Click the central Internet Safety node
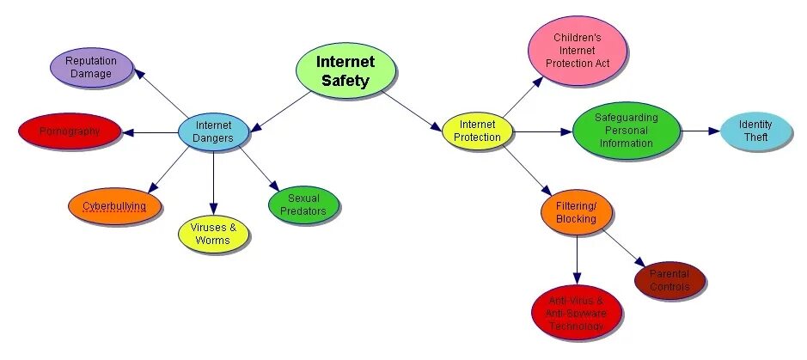coord(345,70)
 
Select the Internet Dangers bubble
coord(214,131)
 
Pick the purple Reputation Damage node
coord(91,67)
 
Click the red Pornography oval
coord(70,131)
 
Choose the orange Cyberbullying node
coord(114,206)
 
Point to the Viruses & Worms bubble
coord(213,234)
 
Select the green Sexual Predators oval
coord(303,205)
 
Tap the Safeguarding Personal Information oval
coord(627,131)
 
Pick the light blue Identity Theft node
coord(755,131)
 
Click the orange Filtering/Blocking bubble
coord(576,212)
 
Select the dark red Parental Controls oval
coord(669,281)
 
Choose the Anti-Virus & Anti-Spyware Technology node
coord(576,314)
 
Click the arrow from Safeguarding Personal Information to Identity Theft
coord(700,131)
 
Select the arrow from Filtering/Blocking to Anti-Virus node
coord(576,257)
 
